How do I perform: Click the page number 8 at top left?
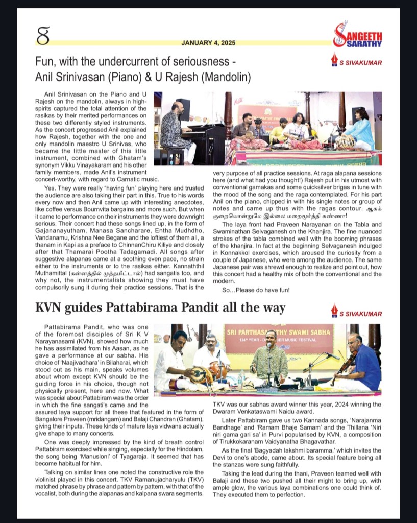coord(42,37)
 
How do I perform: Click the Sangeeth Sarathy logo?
coord(357,36)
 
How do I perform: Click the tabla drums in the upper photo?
coord(346,141)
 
